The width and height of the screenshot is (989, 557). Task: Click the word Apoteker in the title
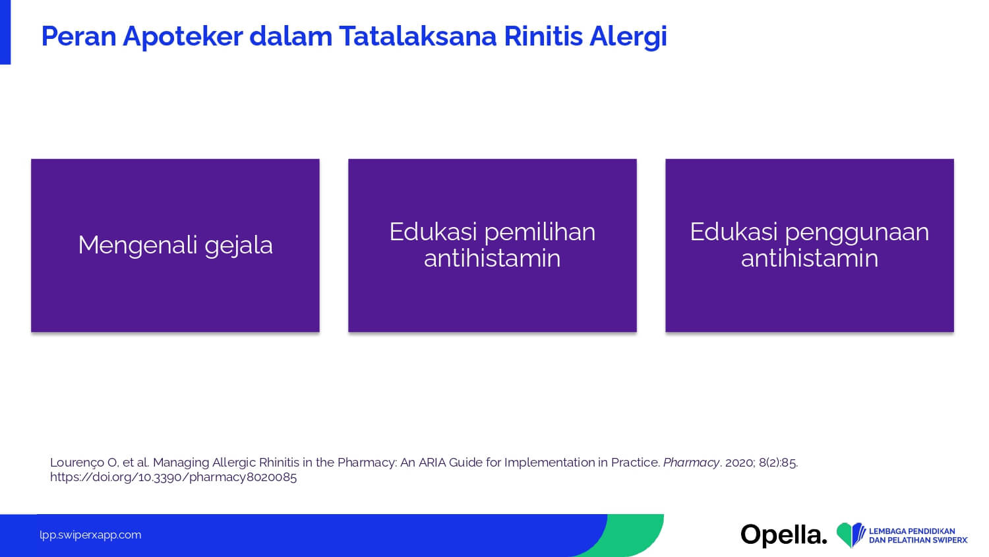coord(183,37)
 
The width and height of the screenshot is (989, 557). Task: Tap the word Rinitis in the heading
coord(543,36)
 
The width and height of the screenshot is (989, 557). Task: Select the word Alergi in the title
coord(628,37)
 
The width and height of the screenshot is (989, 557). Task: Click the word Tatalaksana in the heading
coord(417,36)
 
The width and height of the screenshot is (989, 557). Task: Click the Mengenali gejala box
coord(175,246)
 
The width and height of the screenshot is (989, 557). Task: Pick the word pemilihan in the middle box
coord(540,233)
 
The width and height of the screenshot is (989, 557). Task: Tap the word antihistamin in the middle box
coord(493,258)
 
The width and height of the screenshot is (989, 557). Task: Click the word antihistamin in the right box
coord(810,258)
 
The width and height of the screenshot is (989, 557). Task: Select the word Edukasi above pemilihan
coord(433,232)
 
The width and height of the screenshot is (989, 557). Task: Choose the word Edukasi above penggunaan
coord(734,232)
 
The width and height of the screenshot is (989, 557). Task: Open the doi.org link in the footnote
coord(173,477)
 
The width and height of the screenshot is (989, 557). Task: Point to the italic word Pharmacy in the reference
coord(691,463)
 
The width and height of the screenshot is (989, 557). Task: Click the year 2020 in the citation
coord(740,463)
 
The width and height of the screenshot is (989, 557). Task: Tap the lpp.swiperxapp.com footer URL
coord(90,535)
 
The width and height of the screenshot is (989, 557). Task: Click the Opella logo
coord(784,535)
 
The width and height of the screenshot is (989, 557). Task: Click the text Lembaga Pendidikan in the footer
coord(912,531)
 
